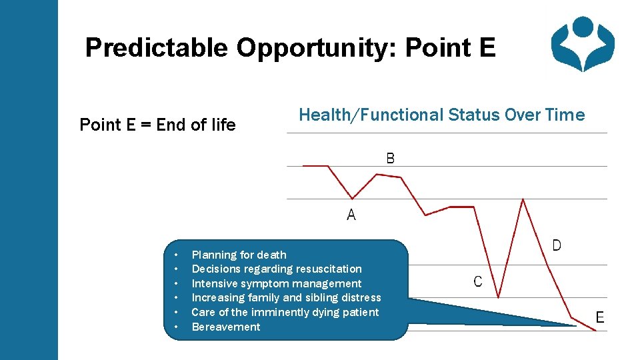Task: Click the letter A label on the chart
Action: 351,215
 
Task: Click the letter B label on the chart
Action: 391,158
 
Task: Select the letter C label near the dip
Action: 478,281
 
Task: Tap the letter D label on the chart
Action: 557,245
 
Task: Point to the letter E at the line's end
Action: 600,317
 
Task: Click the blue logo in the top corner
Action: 582,44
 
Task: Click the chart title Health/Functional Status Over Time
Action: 441,115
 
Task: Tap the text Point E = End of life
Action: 157,125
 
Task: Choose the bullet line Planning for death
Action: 239,255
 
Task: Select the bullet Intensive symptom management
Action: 276,283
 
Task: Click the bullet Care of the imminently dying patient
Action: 285,312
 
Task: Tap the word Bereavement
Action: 226,327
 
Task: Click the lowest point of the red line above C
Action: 498,297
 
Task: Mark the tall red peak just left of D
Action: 523,199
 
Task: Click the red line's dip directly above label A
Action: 353,199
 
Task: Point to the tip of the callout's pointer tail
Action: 575,325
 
